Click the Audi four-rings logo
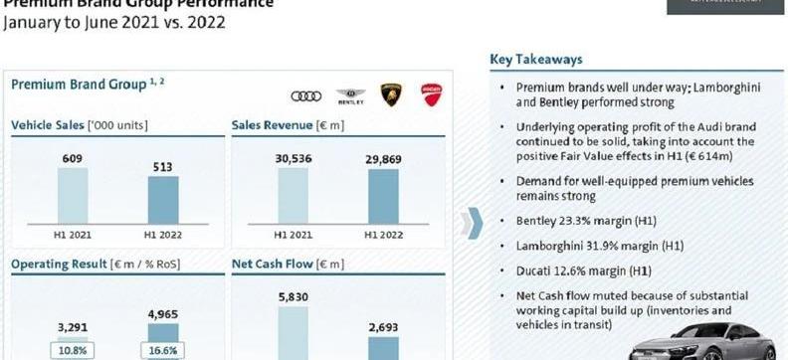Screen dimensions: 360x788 306,95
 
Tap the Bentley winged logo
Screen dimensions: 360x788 350,95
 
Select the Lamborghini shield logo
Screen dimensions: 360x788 391,94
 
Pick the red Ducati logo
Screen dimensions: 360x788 431,94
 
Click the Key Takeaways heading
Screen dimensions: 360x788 536,60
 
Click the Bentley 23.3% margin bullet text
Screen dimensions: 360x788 584,220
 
